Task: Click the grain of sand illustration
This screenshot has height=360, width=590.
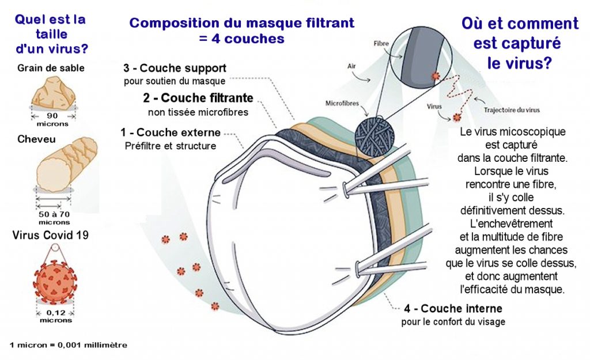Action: point(54,94)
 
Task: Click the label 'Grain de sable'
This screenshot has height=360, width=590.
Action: point(51,68)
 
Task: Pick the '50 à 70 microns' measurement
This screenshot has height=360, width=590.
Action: point(55,218)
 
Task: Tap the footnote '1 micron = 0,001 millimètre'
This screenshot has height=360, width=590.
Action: point(68,345)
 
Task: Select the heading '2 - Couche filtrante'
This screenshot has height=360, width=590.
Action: point(198,98)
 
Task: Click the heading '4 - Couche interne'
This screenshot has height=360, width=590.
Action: point(453,309)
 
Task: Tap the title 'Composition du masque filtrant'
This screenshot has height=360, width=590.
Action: point(241,24)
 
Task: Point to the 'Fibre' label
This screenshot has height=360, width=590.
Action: point(381,44)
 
